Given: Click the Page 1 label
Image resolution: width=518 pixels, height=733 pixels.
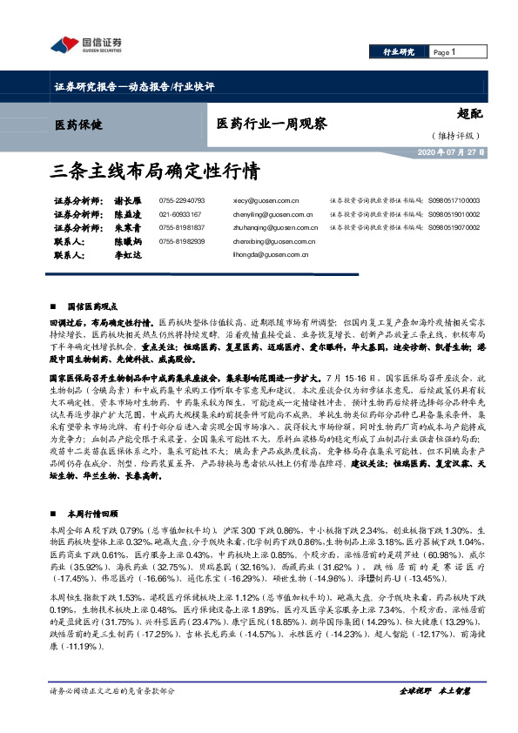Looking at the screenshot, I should click(444, 53).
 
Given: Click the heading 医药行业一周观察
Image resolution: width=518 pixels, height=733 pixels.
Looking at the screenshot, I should click(272, 124).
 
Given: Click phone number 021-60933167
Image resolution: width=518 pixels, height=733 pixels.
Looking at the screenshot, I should click(180, 213).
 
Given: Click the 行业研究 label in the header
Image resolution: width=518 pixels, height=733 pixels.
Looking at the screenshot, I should click(400, 53).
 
